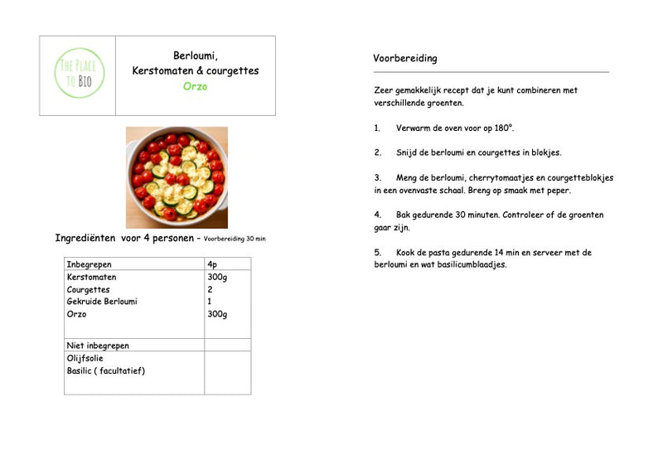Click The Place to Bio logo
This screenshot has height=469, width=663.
click(79, 74)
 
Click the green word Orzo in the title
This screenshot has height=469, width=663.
click(196, 87)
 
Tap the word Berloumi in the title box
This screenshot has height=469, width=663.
click(195, 56)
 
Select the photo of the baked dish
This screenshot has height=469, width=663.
click(177, 176)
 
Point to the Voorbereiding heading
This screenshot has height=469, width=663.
click(405, 59)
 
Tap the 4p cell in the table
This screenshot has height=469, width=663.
click(213, 264)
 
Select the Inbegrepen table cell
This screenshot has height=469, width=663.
click(89, 264)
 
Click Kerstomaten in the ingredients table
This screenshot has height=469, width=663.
click(91, 277)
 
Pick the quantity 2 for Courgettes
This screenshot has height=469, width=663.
click(210, 289)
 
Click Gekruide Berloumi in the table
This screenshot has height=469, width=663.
click(102, 302)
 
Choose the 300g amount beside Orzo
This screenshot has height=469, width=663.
click(217, 314)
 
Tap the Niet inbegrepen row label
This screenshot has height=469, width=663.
click(98, 345)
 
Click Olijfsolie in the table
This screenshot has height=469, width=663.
click(85, 358)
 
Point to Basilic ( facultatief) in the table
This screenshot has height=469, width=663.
click(106, 370)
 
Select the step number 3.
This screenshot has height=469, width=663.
click(377, 178)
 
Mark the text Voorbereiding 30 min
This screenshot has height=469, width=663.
click(235, 239)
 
